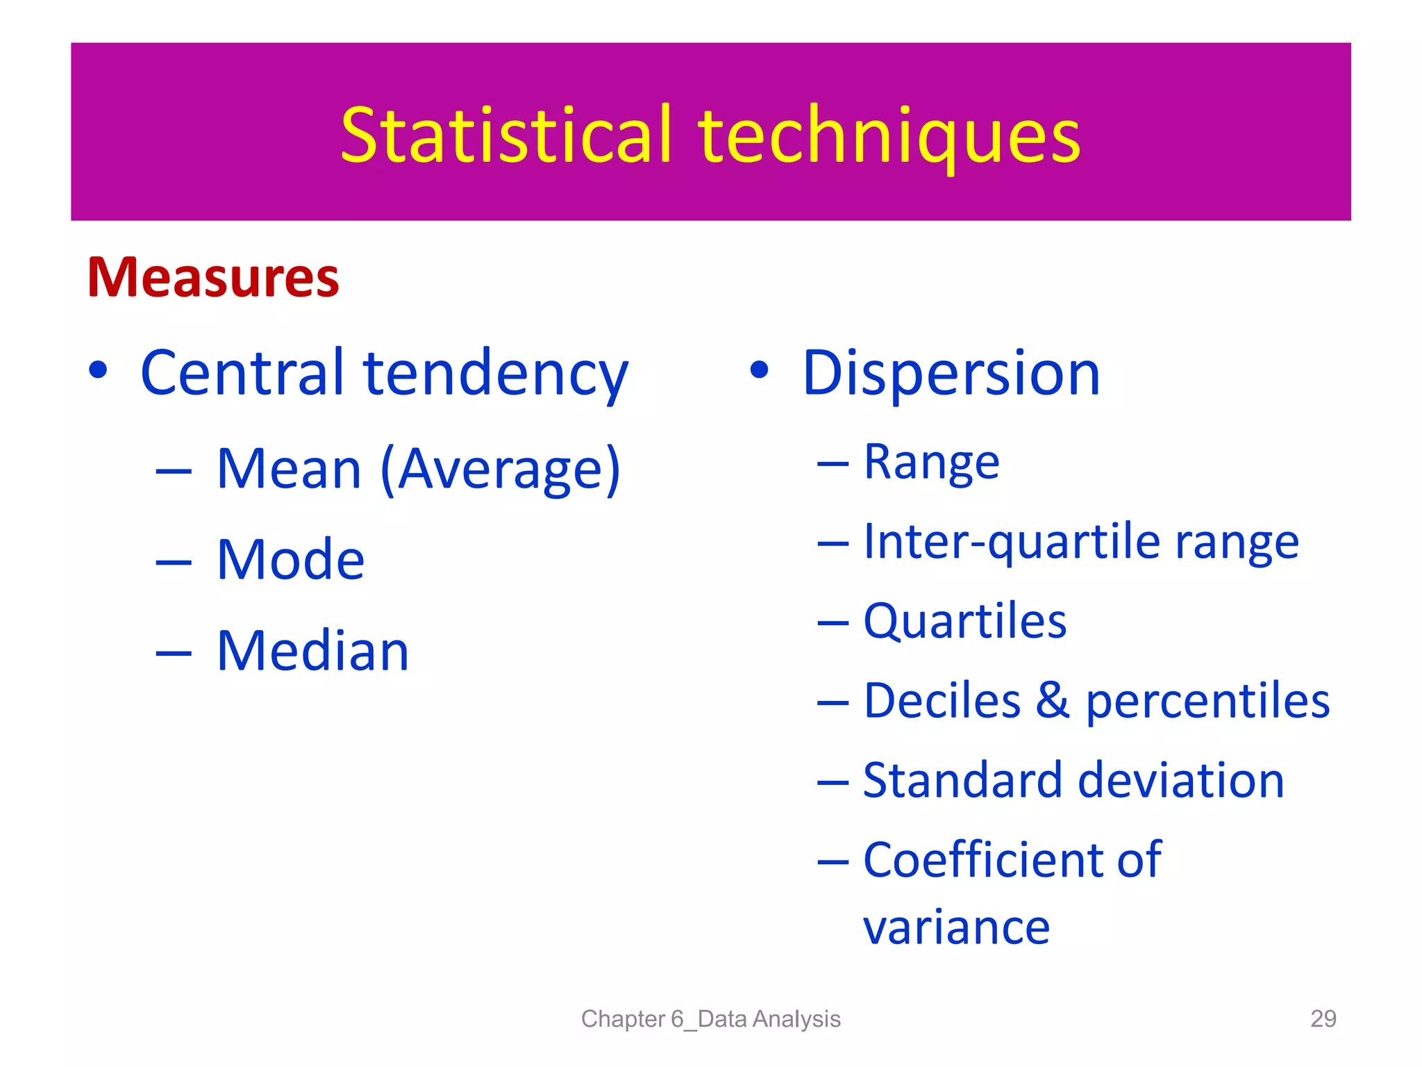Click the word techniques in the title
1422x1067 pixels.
tap(890, 137)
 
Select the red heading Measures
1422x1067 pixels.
tap(213, 278)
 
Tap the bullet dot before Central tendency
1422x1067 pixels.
tap(99, 370)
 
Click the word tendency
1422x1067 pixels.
tap(496, 375)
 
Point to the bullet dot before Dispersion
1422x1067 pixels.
tap(759, 370)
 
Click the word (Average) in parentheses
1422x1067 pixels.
tap(501, 470)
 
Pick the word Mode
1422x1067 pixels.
tap(290, 560)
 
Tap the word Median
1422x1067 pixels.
tap(312, 651)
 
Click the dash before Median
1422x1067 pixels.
tap(174, 653)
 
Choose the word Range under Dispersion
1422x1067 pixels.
tap(931, 463)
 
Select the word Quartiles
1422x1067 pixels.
tap(964, 621)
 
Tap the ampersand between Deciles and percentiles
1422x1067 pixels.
tap(1053, 700)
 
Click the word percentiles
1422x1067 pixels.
tap(1207, 702)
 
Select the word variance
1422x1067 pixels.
tap(956, 928)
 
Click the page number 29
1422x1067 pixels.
tap(1323, 1018)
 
